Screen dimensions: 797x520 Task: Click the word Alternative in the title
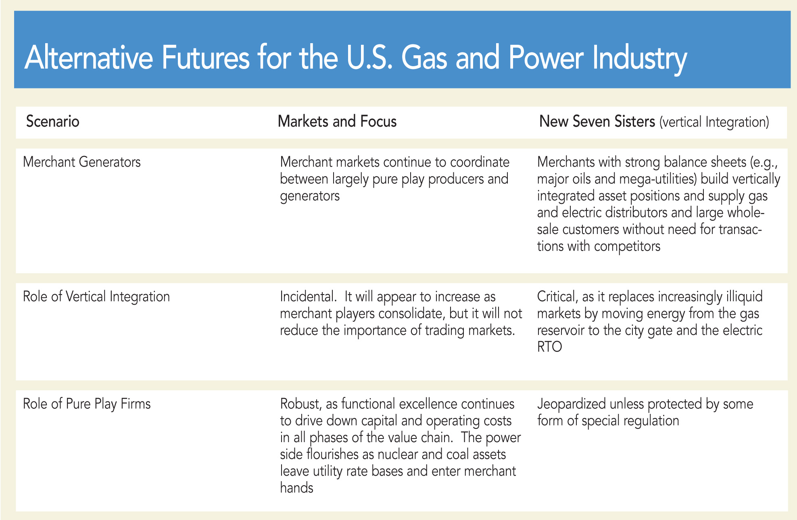(89, 58)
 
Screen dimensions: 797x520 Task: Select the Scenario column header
(53, 121)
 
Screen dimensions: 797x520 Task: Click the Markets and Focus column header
(337, 121)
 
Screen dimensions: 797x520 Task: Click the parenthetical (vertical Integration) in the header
(714, 122)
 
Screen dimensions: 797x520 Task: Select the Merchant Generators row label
(82, 162)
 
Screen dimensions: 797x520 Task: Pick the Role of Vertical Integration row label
(96, 297)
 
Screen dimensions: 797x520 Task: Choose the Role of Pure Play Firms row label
(87, 404)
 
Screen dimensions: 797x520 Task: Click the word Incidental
(308, 297)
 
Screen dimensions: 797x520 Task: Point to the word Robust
(300, 404)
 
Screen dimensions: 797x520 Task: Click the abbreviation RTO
(550, 347)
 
